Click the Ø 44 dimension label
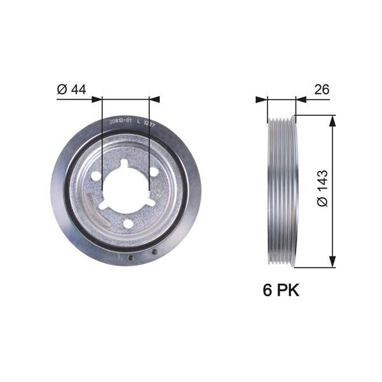71,90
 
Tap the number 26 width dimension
322,90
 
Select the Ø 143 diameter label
322,188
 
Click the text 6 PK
281,290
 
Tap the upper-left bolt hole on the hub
96,176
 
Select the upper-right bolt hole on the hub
153,172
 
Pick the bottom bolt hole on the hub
127,223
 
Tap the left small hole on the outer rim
131,258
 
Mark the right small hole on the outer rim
154,252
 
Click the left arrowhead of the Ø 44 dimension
97,99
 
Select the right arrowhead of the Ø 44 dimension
155,99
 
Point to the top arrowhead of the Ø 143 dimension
332,120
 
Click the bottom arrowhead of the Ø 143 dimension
332,262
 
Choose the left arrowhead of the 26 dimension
261,99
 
